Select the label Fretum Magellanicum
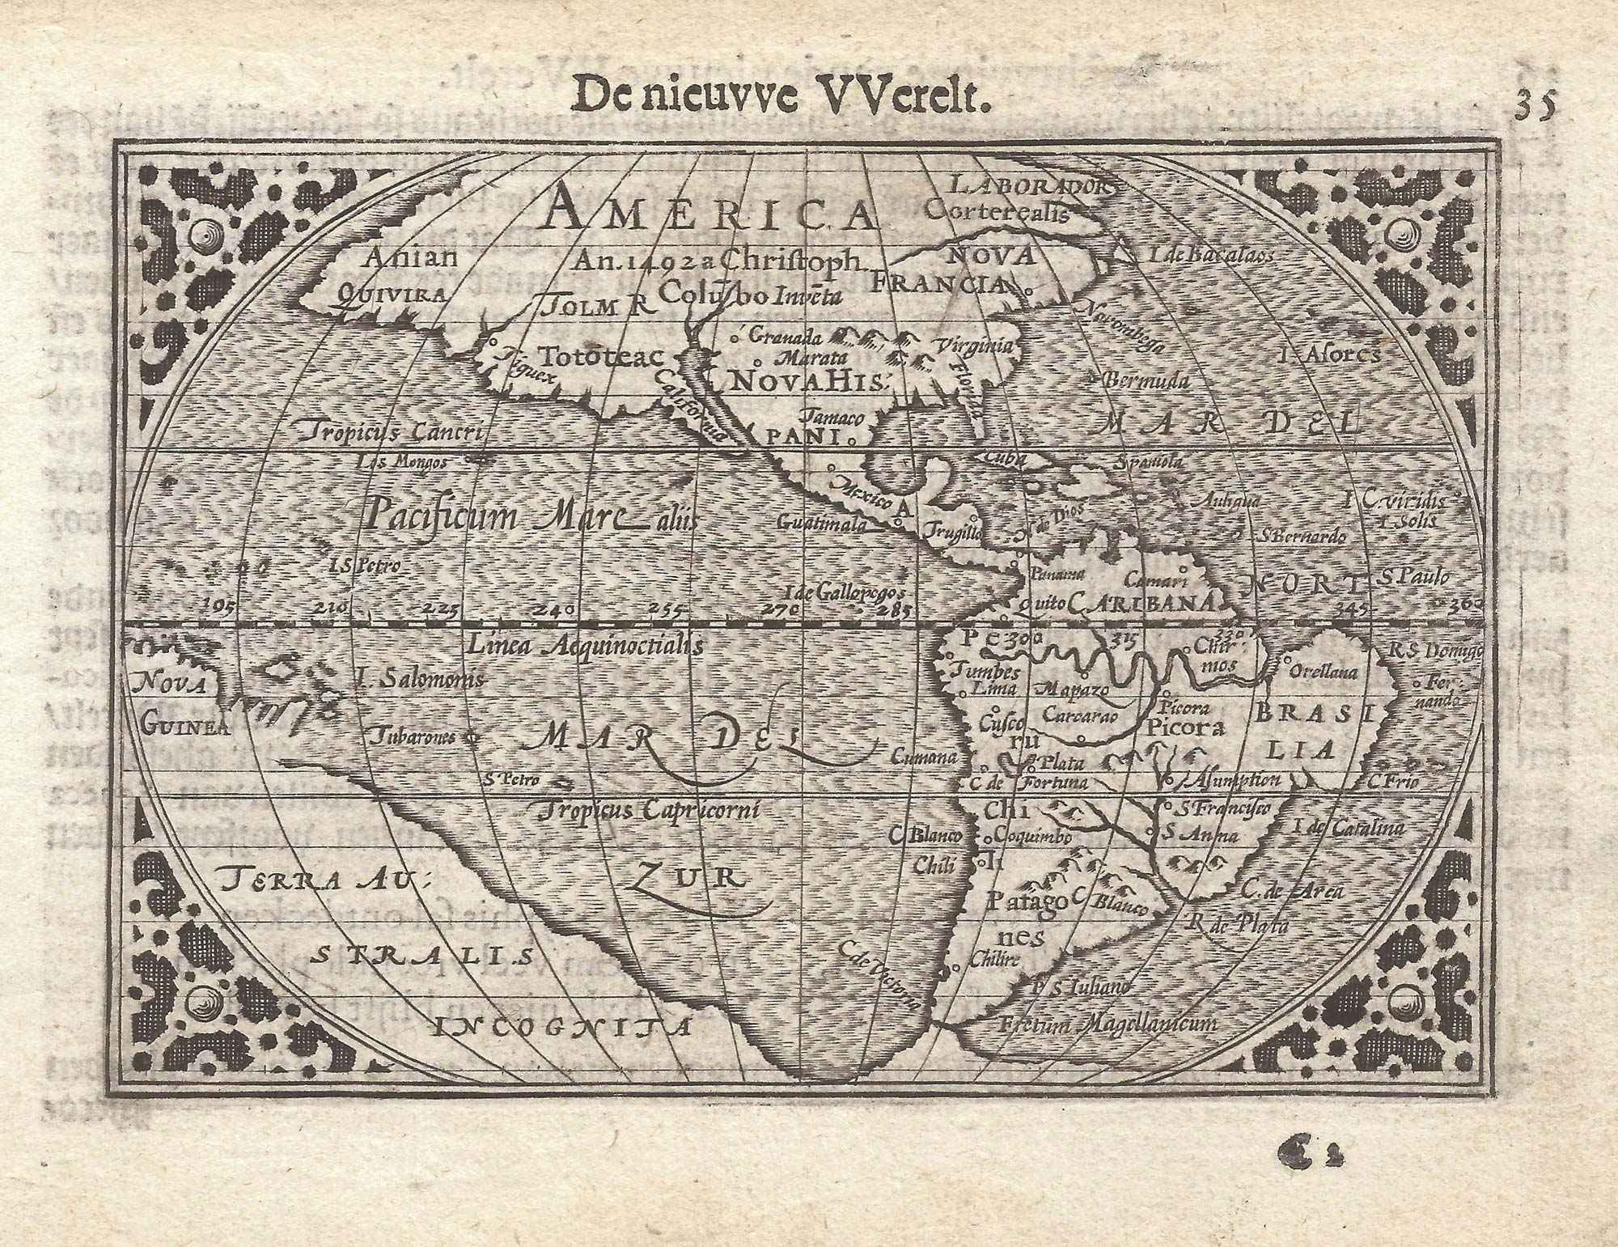(1108, 1024)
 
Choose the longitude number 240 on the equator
(558, 608)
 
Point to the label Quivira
(392, 295)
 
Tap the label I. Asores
(1330, 354)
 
